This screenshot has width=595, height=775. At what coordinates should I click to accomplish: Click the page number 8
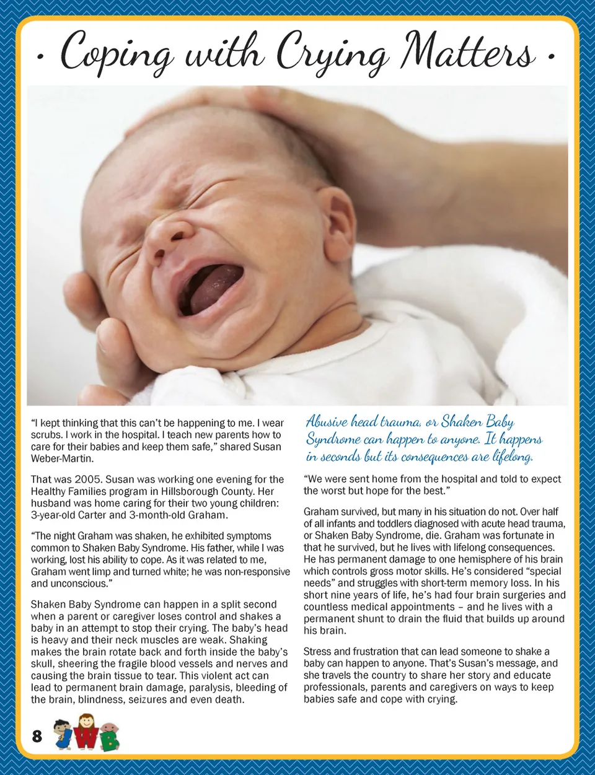pyautogui.click(x=37, y=735)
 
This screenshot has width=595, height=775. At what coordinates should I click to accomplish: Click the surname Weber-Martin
pyautogui.click(x=62, y=459)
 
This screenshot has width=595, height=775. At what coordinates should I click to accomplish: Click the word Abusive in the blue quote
pyautogui.click(x=327, y=423)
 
